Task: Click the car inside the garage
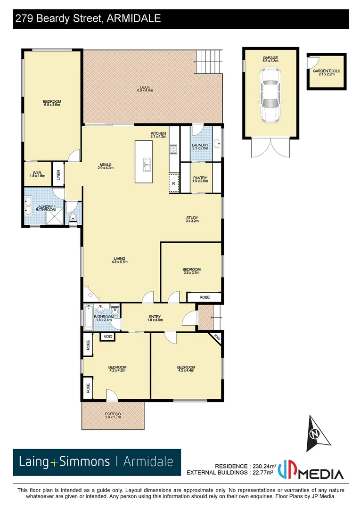(270, 94)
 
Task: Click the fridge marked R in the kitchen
(174, 183)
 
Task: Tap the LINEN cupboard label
(58, 172)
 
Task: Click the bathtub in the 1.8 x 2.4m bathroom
(89, 317)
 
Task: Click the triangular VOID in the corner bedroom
(217, 337)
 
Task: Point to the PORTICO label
(113, 415)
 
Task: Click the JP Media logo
(311, 470)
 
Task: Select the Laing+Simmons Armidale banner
(97, 462)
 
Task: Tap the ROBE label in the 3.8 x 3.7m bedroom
(204, 297)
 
